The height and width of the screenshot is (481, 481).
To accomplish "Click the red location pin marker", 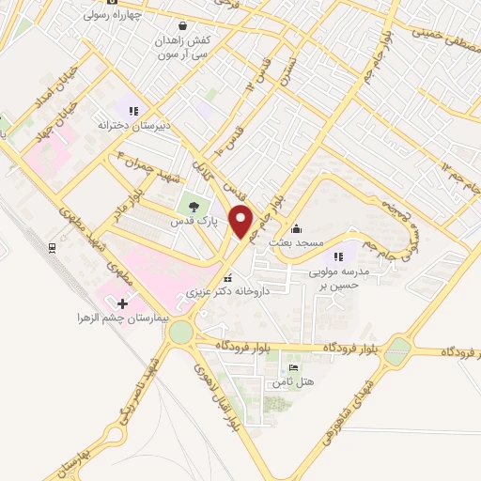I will coord(241,222).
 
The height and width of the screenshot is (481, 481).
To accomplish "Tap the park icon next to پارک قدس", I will coord(194,208).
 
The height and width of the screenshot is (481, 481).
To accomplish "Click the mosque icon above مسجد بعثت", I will coord(297,227).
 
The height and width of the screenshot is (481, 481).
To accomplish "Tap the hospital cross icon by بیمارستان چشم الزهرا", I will coord(122,303).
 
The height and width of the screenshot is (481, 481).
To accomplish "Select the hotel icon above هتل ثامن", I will coord(293,367).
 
